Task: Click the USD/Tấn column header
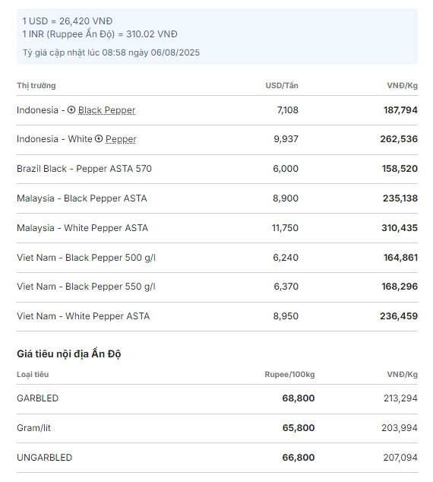282,85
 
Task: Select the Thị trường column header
36,86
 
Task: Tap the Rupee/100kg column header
289,374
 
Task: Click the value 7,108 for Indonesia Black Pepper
287,110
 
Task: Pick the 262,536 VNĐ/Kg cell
399,139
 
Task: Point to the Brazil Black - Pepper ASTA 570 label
84,169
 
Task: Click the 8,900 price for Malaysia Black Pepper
286,198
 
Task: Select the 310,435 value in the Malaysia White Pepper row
400,228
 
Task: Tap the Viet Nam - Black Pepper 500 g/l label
87,258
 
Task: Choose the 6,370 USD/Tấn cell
286,287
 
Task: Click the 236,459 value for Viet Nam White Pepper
399,316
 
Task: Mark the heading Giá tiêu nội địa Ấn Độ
69,354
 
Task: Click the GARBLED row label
37,398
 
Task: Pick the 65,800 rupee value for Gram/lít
299,428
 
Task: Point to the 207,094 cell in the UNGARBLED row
400,458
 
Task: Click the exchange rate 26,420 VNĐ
86,21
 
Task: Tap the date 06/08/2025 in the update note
175,52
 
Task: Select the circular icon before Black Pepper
71,109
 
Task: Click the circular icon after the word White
99,139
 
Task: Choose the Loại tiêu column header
33,374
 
